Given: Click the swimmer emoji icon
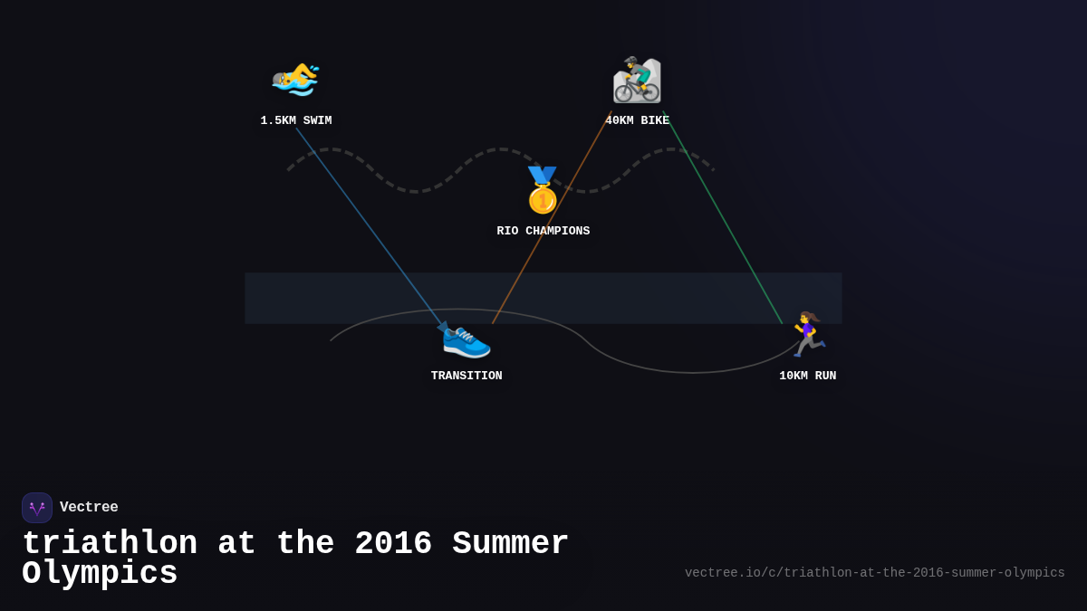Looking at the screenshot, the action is click(x=295, y=80).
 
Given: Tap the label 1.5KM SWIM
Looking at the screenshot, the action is click(x=296, y=120).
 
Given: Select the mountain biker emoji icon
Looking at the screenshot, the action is click(x=637, y=80).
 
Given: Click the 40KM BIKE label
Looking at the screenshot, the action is click(x=637, y=120).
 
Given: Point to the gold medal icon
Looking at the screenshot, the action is click(x=543, y=190).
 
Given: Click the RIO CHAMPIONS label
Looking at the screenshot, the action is click(x=543, y=231).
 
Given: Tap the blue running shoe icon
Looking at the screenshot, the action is click(x=467, y=342).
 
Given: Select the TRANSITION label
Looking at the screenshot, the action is click(x=467, y=376).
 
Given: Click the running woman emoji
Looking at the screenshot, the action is click(x=808, y=334).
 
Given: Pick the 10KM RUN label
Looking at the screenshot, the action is click(x=807, y=376).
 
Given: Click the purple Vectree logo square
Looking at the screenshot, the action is click(x=37, y=508).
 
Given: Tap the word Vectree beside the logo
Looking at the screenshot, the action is click(x=89, y=507).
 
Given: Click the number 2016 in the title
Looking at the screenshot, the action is click(x=393, y=542).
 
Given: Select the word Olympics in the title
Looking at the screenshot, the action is click(x=100, y=574).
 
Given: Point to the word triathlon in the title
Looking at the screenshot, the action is click(x=110, y=542).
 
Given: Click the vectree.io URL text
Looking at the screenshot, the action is click(x=874, y=573).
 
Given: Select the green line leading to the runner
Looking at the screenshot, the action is click(x=723, y=218).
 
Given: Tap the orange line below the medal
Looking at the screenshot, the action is click(x=552, y=218).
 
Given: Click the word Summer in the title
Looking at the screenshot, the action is click(x=510, y=542).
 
